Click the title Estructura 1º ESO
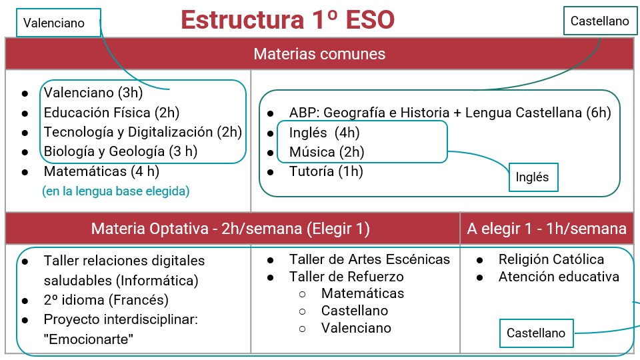tap(288, 19)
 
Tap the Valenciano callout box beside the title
tap(59, 23)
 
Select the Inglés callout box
tap(533, 177)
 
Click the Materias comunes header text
tap(319, 54)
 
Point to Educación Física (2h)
tap(111, 113)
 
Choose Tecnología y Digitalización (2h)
tap(143, 132)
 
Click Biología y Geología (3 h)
tap(121, 151)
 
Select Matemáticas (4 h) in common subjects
tap(101, 171)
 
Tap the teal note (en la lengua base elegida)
tap(115, 191)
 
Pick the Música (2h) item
tap(327, 152)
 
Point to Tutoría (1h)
tap(326, 171)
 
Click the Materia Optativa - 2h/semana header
tap(230, 229)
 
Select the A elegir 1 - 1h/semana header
tap(547, 229)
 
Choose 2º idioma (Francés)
tap(106, 300)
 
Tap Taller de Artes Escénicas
tap(369, 259)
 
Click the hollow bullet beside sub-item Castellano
tap(303, 311)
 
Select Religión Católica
tap(551, 259)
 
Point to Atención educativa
tap(559, 277)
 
